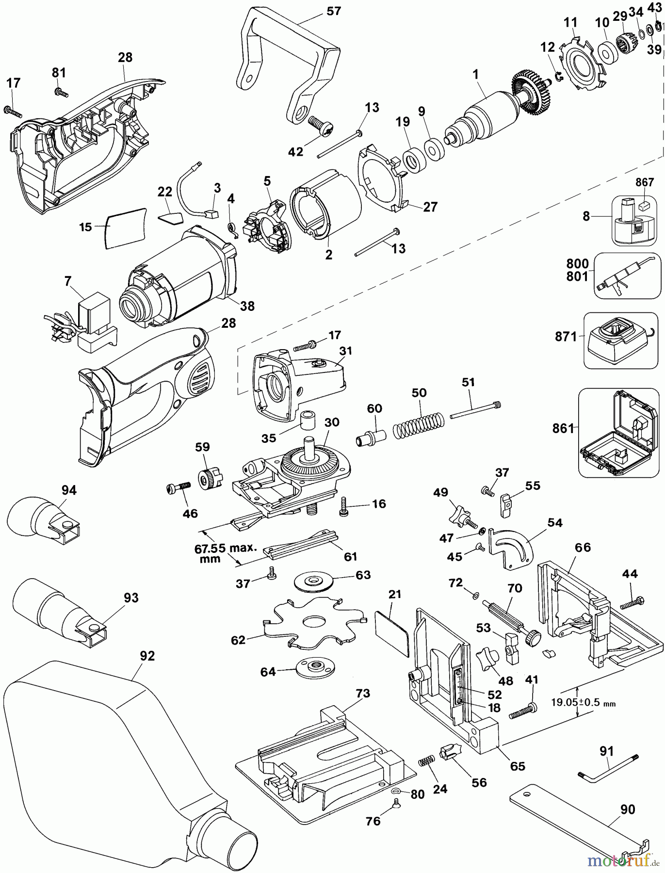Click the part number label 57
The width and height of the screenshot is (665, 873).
point(333,11)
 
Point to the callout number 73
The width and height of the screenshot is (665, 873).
point(362,694)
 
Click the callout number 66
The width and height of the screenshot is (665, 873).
point(583,548)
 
